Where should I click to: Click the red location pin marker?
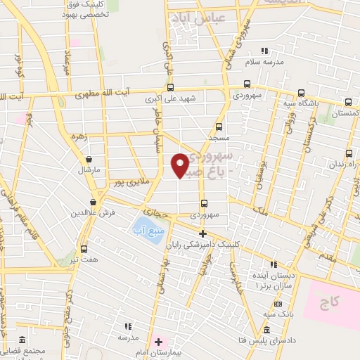tap(180, 165)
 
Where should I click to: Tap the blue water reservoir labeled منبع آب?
tap(146, 226)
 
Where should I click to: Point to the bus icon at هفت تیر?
tap(84, 248)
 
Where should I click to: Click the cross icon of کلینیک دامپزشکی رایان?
tap(202, 233)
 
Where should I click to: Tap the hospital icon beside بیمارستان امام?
tap(159, 341)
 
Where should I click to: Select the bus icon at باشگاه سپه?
tap(301, 92)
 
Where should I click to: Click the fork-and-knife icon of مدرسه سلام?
tap(265, 51)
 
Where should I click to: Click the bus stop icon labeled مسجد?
tap(219, 127)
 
